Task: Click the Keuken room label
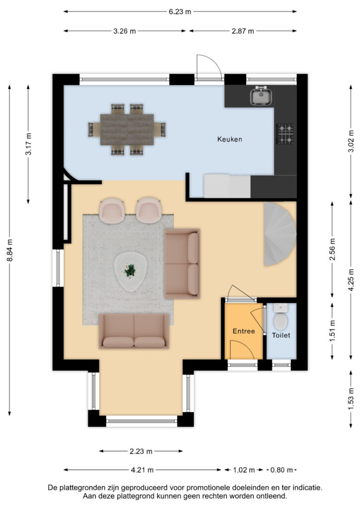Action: click(230, 139)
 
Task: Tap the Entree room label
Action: click(244, 331)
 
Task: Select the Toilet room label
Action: click(281, 336)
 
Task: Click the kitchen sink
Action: click(261, 96)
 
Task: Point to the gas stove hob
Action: click(285, 133)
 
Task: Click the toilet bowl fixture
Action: click(281, 321)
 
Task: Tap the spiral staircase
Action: click(280, 233)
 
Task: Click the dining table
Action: click(127, 129)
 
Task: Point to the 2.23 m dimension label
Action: click(141, 451)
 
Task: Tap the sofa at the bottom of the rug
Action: click(134, 331)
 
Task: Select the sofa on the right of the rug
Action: click(182, 263)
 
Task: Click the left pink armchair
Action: click(113, 210)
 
